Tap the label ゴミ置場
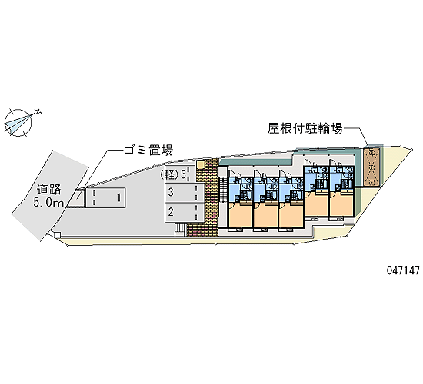pyautogui.click(x=148, y=150)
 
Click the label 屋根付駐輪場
pyautogui.click(x=305, y=128)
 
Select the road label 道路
pyautogui.click(x=49, y=190)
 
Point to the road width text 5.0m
pyautogui.click(x=48, y=202)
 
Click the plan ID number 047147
pyautogui.click(x=403, y=270)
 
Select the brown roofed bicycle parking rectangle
pyautogui.click(x=372, y=167)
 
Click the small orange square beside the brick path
pyautogui.click(x=201, y=164)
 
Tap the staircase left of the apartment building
pyautogui.click(x=224, y=190)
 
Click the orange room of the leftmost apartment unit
pyautogui.click(x=241, y=214)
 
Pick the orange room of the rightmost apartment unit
pyautogui.click(x=341, y=203)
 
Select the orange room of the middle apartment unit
pyautogui.click(x=266, y=214)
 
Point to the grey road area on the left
pyautogui.click(x=48, y=194)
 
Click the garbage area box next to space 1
pyautogui.click(x=76, y=198)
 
